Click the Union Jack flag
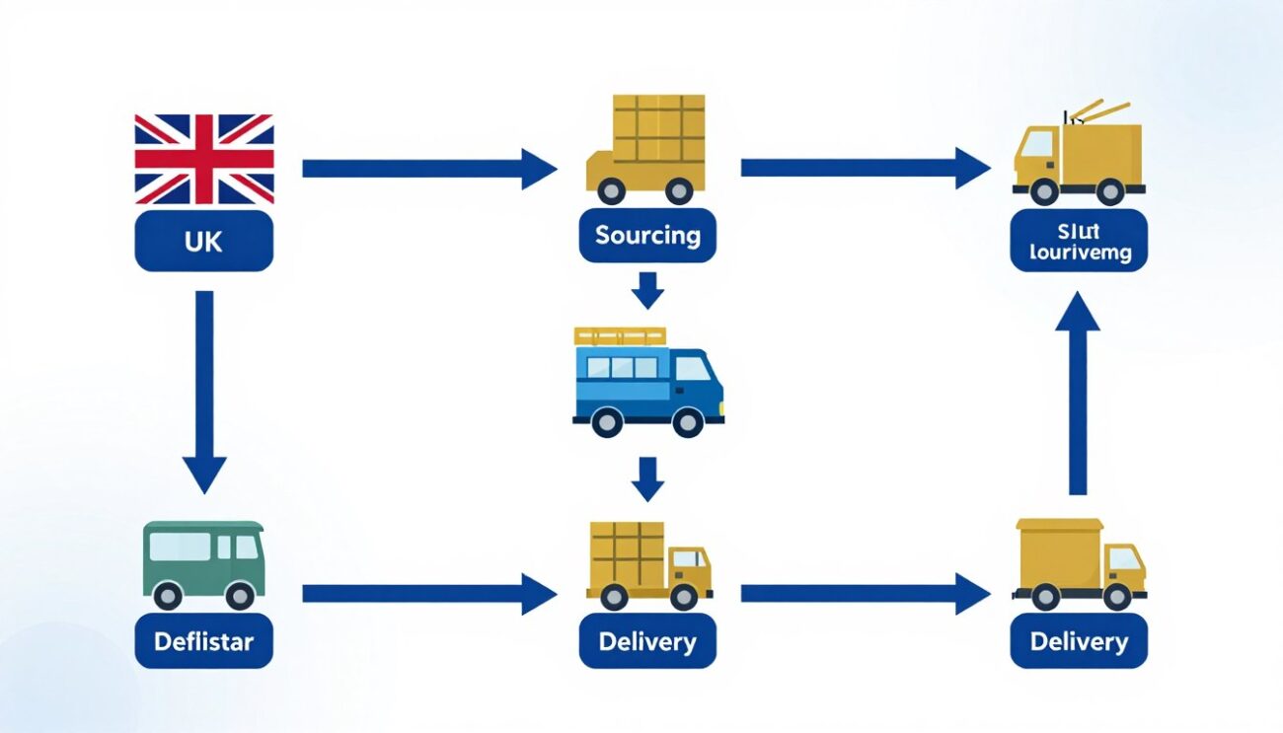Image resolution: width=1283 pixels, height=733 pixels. coord(204,159)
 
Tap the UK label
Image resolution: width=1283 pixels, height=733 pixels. coord(203,241)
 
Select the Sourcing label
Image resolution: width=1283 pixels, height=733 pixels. coord(647,236)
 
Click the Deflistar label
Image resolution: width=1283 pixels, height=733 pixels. coord(203,641)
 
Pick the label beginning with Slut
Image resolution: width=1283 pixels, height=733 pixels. coord(1079,242)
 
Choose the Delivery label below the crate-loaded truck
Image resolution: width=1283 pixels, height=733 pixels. coord(647,641)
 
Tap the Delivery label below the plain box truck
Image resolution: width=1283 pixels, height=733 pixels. coord(1079,641)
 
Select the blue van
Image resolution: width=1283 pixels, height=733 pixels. coord(648,384)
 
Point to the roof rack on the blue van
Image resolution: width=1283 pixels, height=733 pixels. coord(620,336)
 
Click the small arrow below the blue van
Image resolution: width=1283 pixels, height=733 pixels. coord(647,478)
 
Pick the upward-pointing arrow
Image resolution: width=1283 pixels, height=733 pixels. coord(1078,395)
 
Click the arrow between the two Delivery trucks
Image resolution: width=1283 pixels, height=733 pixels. coord(865,593)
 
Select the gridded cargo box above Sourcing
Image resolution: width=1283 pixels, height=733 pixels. coord(658,129)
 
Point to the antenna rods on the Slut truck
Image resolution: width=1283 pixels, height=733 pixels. coord(1097,110)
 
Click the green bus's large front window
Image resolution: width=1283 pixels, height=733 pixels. coord(180,547)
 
